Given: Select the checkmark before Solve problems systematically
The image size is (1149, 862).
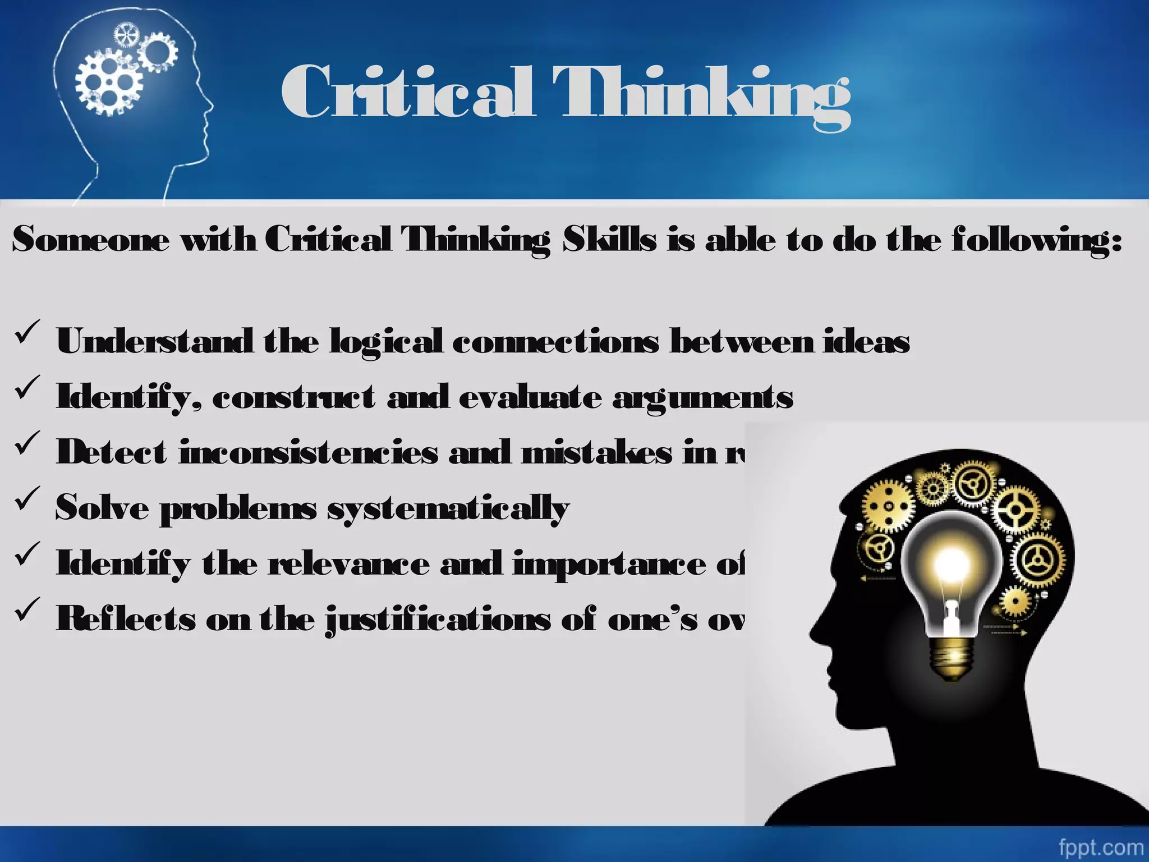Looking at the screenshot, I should coord(27,497).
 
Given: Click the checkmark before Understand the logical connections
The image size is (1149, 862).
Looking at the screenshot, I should coord(27,331).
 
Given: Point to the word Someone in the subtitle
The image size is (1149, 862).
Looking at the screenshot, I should coord(90,240).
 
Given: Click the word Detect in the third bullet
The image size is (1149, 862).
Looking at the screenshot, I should coord(112,452).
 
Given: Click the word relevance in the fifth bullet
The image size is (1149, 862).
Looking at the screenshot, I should coord(348,563).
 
